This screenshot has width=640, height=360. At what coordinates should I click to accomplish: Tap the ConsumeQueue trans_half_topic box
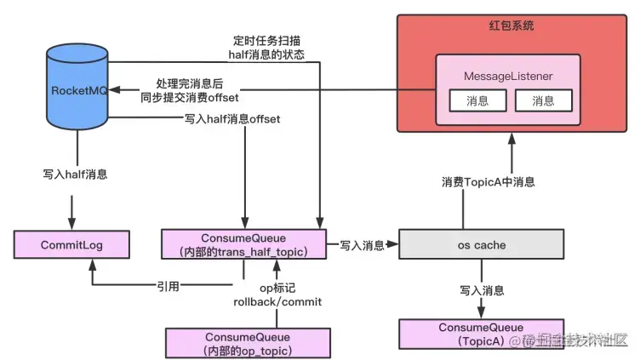pyautogui.click(x=245, y=243)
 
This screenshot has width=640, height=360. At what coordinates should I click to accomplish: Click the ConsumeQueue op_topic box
pyautogui.click(x=245, y=342)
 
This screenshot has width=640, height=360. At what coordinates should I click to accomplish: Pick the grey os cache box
pyautogui.click(x=482, y=245)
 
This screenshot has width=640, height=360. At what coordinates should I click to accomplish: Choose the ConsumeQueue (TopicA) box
pyautogui.click(x=482, y=334)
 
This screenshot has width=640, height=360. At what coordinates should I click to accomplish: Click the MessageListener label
pyautogui.click(x=508, y=77)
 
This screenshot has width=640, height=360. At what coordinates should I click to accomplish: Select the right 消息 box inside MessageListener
pyautogui.click(x=543, y=101)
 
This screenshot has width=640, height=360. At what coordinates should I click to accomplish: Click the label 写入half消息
pyautogui.click(x=75, y=173)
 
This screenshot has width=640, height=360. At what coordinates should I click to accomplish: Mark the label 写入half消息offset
pyautogui.click(x=231, y=120)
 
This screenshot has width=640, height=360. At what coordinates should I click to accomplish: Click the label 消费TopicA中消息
pyautogui.click(x=488, y=181)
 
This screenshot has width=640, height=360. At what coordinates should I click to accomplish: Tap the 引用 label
pyautogui.click(x=168, y=287)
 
